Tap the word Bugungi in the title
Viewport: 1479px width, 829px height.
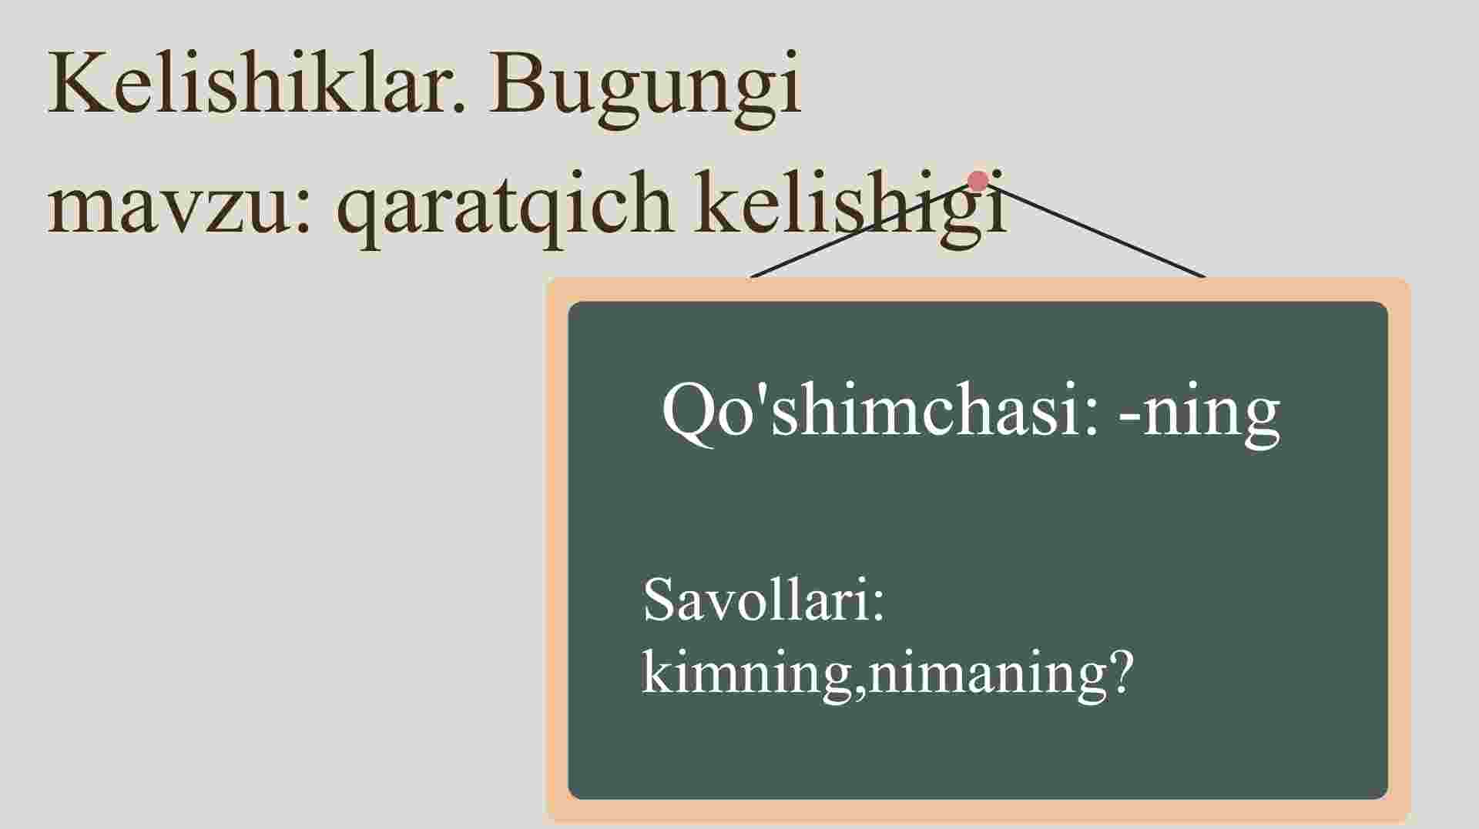click(x=646, y=89)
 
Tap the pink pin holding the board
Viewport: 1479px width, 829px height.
click(x=978, y=181)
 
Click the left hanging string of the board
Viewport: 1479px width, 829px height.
click(x=859, y=230)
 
